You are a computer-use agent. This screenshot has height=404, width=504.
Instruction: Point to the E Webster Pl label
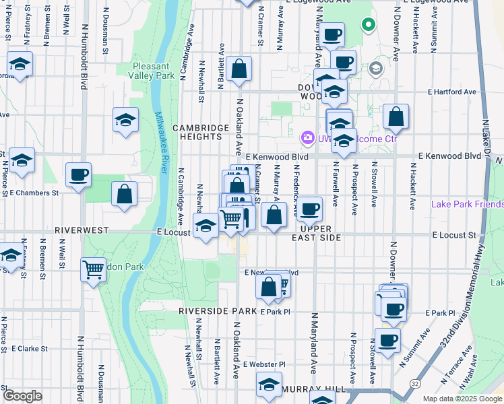click(265, 364)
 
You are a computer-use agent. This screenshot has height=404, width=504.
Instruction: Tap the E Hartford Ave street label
click(451, 92)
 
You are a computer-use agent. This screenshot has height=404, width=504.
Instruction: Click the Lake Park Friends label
click(467, 204)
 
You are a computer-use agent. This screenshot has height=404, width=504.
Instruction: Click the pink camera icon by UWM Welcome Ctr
click(308, 137)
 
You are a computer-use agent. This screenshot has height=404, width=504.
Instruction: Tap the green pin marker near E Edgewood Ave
click(368, 25)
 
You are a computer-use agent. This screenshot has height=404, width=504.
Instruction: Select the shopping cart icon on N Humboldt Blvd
click(93, 269)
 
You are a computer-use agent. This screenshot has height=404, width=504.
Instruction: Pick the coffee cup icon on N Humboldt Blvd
click(78, 175)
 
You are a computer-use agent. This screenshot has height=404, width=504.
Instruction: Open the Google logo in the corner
click(22, 396)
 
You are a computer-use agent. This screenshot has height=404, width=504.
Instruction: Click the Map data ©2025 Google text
click(462, 399)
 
